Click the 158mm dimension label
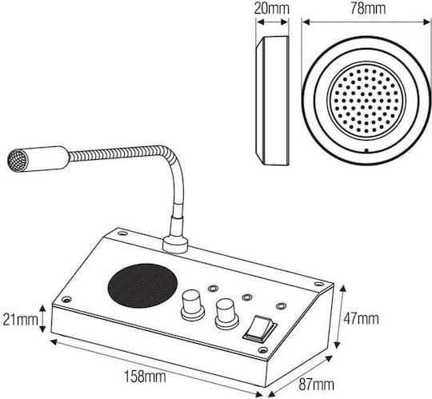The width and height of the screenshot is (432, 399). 145,377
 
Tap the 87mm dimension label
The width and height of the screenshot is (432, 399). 316,384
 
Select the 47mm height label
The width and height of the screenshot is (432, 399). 361,319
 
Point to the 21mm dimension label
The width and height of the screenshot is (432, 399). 20,320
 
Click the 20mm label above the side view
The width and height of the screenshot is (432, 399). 271,9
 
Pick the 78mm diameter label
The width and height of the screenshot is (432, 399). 368,9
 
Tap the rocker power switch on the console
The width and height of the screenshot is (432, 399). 259,329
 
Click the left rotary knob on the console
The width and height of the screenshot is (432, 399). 193,305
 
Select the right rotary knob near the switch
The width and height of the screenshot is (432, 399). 226,314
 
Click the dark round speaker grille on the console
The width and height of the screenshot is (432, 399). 142,285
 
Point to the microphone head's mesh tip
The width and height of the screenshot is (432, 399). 18,161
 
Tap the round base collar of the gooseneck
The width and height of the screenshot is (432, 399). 175,245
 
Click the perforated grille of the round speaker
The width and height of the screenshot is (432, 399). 366,101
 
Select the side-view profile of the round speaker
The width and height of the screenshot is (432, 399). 272,101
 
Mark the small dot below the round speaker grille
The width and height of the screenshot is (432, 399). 366,150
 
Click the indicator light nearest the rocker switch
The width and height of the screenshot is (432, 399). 281,306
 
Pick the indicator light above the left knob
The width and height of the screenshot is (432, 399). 213,289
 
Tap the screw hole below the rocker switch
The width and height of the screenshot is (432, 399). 263,350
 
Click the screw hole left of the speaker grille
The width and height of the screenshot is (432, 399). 66,299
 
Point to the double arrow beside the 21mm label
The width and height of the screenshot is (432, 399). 42,318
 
